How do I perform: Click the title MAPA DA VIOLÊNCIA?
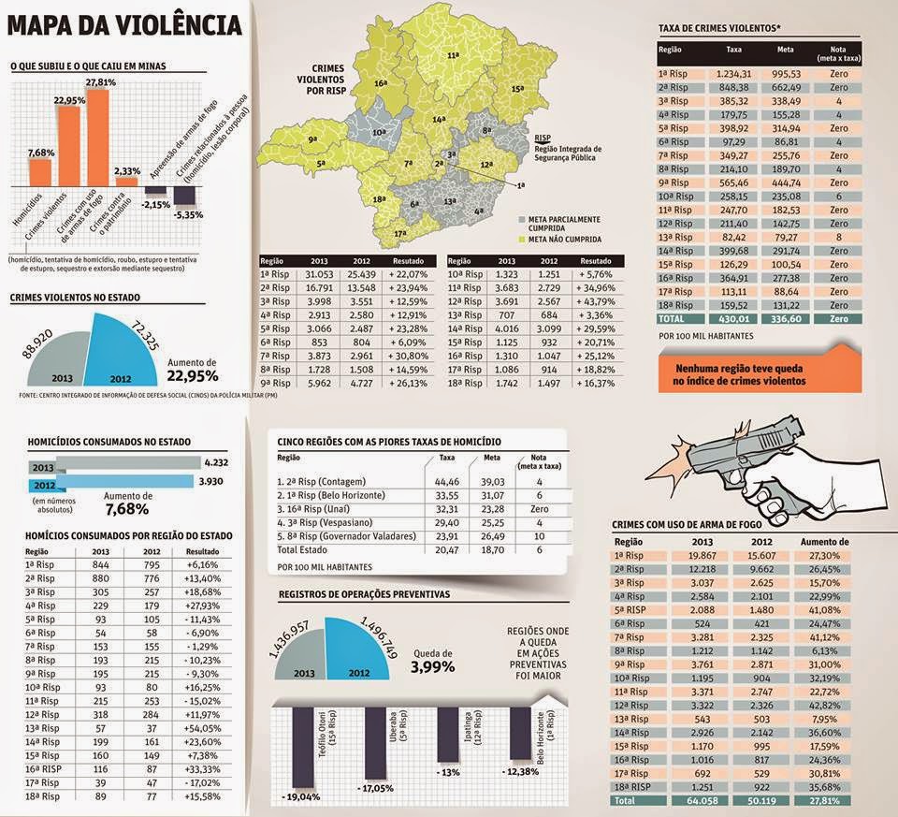125,23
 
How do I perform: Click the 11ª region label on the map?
454,57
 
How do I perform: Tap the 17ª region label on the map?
399,233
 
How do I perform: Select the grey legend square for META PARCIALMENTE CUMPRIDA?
521,219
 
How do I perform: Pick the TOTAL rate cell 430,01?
733,319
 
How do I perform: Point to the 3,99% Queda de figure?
432,667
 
